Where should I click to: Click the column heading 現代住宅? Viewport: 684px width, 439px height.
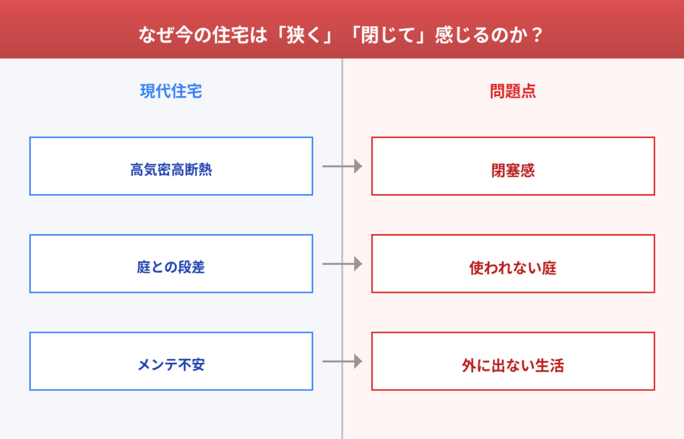[x=171, y=91]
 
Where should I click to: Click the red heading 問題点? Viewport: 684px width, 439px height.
[x=513, y=91]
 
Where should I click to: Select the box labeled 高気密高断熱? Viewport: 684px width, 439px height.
[x=171, y=166]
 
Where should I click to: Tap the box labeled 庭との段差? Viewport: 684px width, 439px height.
[x=171, y=264]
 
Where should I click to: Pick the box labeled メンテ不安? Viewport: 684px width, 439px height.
[x=171, y=361]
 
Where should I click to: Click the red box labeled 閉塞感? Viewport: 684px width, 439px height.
[x=513, y=166]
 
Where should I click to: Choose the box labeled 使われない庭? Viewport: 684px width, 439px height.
[x=513, y=264]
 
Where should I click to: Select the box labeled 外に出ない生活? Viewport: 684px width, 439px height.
[x=513, y=361]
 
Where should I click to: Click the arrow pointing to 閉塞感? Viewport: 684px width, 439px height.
[x=342, y=166]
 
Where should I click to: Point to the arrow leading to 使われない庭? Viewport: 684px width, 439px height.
[x=342, y=264]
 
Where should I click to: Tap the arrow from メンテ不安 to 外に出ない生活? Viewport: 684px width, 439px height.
[x=342, y=361]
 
